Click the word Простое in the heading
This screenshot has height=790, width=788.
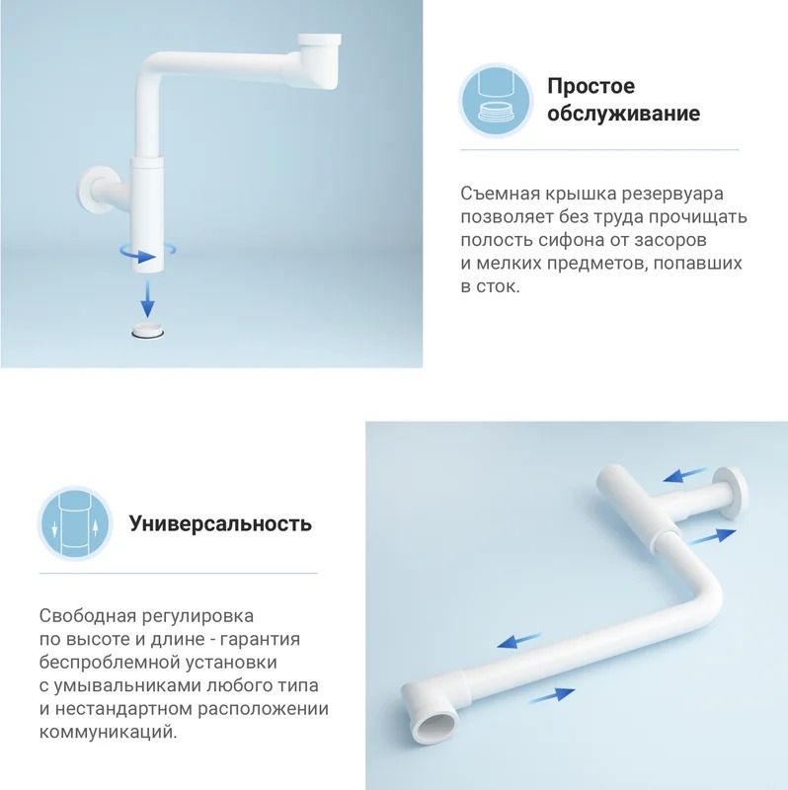(x=591, y=86)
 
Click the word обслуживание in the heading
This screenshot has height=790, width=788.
(x=623, y=114)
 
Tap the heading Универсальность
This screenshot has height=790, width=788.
(x=220, y=523)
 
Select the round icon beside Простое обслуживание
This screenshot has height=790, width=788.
(x=496, y=101)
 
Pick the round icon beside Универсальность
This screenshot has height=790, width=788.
(x=75, y=523)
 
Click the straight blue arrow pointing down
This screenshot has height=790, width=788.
(x=147, y=298)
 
